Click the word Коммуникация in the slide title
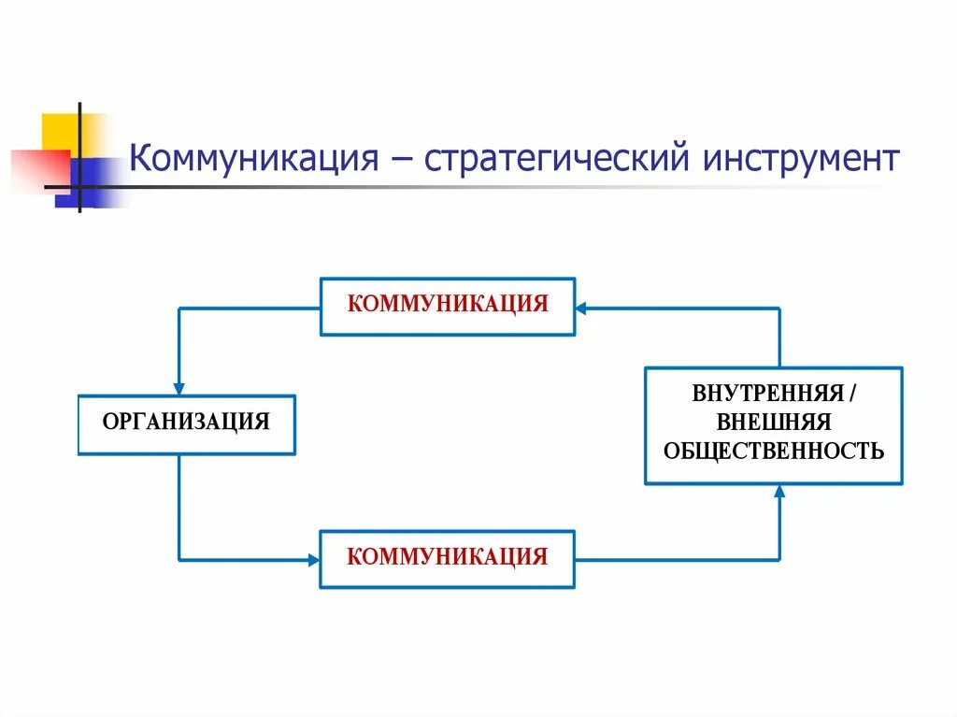251,158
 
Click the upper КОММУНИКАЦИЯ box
448,306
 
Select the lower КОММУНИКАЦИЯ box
448,558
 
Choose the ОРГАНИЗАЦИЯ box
186,423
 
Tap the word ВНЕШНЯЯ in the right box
774,423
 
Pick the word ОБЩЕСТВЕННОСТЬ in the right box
774,452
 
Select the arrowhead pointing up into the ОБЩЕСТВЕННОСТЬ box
780,492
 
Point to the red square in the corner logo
37,168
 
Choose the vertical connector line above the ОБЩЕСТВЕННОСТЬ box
780,337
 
